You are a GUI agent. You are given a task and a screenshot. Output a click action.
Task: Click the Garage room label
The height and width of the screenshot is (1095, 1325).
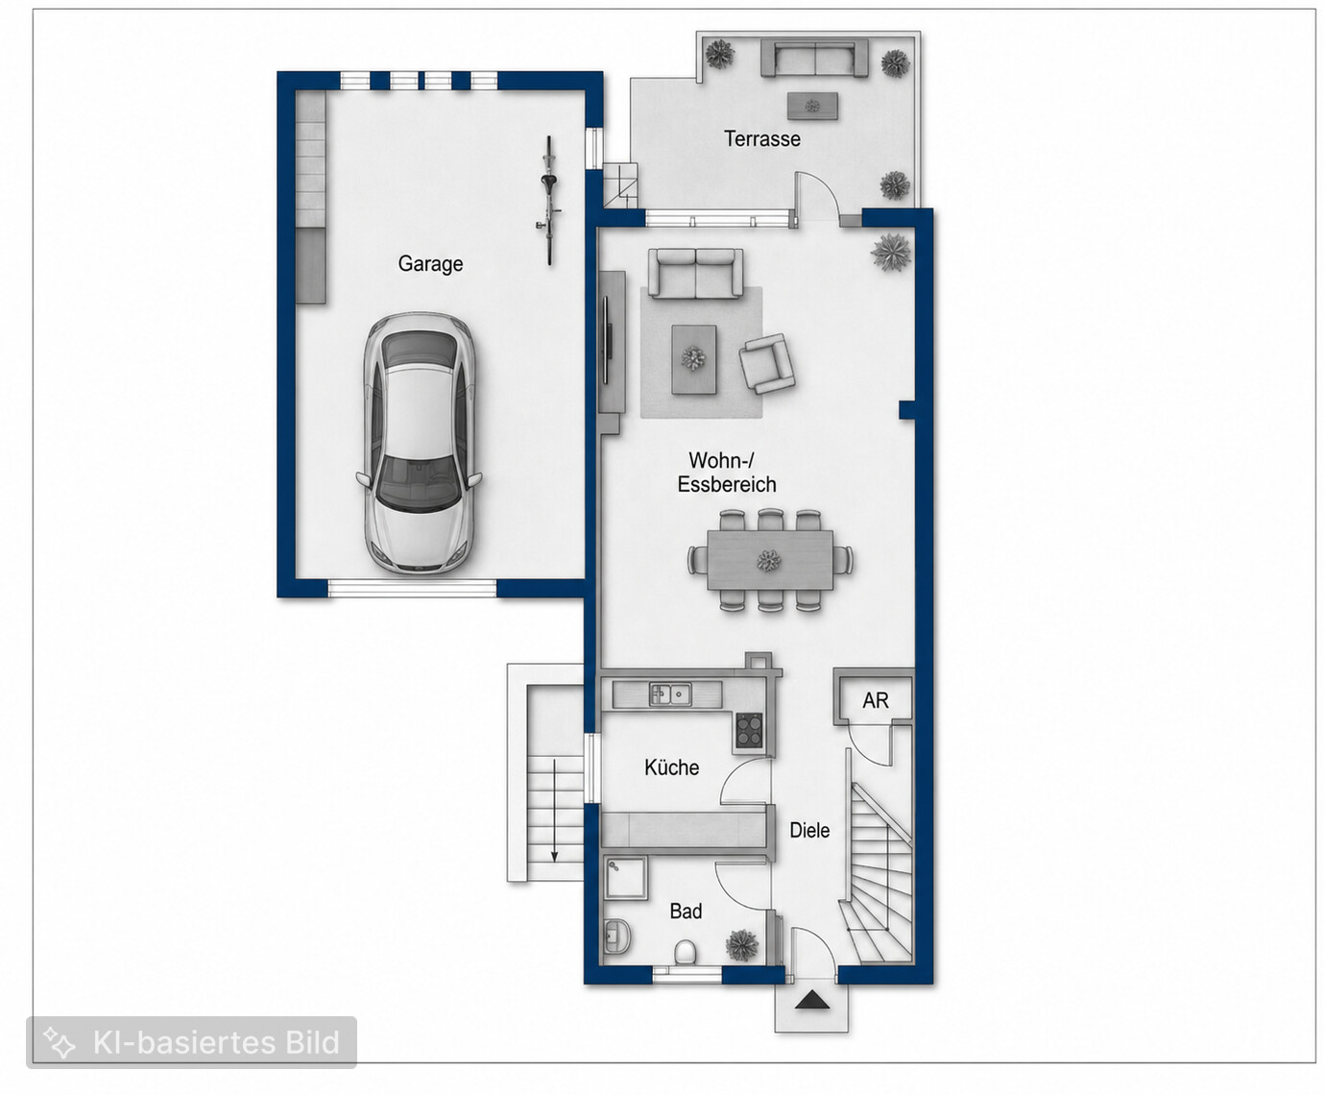430,263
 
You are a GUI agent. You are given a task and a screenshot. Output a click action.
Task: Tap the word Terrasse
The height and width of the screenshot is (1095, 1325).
762,139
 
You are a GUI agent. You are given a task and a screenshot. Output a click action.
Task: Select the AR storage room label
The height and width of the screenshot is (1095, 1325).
875,701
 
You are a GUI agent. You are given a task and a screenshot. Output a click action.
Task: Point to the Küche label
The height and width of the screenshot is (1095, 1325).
671,767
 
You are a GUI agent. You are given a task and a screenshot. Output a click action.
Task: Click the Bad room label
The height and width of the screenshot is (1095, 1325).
686,912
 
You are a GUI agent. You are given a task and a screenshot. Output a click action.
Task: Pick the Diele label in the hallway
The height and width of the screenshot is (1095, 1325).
809,830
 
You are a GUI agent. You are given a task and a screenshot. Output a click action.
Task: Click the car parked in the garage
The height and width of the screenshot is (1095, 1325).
419,443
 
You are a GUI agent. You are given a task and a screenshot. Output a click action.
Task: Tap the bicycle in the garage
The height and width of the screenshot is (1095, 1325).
549,200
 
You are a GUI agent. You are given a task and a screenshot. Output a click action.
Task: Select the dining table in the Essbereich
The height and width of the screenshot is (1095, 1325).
770,561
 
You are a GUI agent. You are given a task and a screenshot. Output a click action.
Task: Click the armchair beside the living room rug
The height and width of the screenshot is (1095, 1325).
766,364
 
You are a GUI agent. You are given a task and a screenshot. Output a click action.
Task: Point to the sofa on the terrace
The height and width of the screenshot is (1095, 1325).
814,59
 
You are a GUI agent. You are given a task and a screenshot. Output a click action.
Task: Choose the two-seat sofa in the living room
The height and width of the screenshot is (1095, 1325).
695,273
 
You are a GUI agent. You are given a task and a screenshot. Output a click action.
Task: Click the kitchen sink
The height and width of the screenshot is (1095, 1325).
670,694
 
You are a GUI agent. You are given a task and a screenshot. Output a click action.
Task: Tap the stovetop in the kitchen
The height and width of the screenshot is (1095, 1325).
749,731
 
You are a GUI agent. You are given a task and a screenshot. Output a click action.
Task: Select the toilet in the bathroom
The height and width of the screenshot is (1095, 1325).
685,952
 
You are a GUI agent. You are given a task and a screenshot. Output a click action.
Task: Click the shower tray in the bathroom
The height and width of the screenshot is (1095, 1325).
626,878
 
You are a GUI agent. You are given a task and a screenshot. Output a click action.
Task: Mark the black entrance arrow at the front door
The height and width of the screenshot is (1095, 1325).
811,1001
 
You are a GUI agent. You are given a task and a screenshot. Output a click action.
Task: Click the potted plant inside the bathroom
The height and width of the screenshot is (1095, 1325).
742,944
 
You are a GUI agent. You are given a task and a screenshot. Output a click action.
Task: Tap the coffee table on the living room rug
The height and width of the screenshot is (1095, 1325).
693,359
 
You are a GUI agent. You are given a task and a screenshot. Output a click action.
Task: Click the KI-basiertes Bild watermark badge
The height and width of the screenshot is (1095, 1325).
191,1042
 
